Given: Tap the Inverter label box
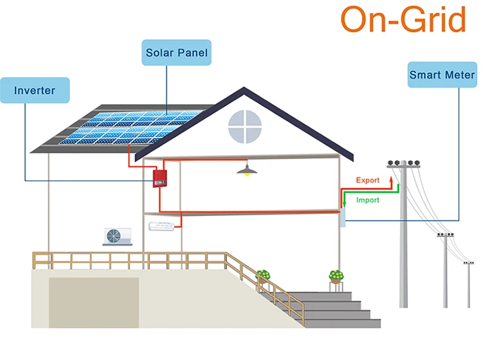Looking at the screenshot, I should point(35,90).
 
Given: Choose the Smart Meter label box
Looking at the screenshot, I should point(442,75).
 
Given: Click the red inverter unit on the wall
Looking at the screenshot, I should point(158,178).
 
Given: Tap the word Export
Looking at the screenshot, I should point(367,180).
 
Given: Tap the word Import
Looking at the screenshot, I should point(367,200).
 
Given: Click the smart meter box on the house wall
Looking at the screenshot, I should point(342,219).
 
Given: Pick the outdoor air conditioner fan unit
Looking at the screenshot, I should point(117,236).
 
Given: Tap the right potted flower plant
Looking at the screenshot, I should point(335,276).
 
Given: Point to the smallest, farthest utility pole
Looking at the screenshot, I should point(468,281).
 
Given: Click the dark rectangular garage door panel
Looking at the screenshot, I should point(93,301).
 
